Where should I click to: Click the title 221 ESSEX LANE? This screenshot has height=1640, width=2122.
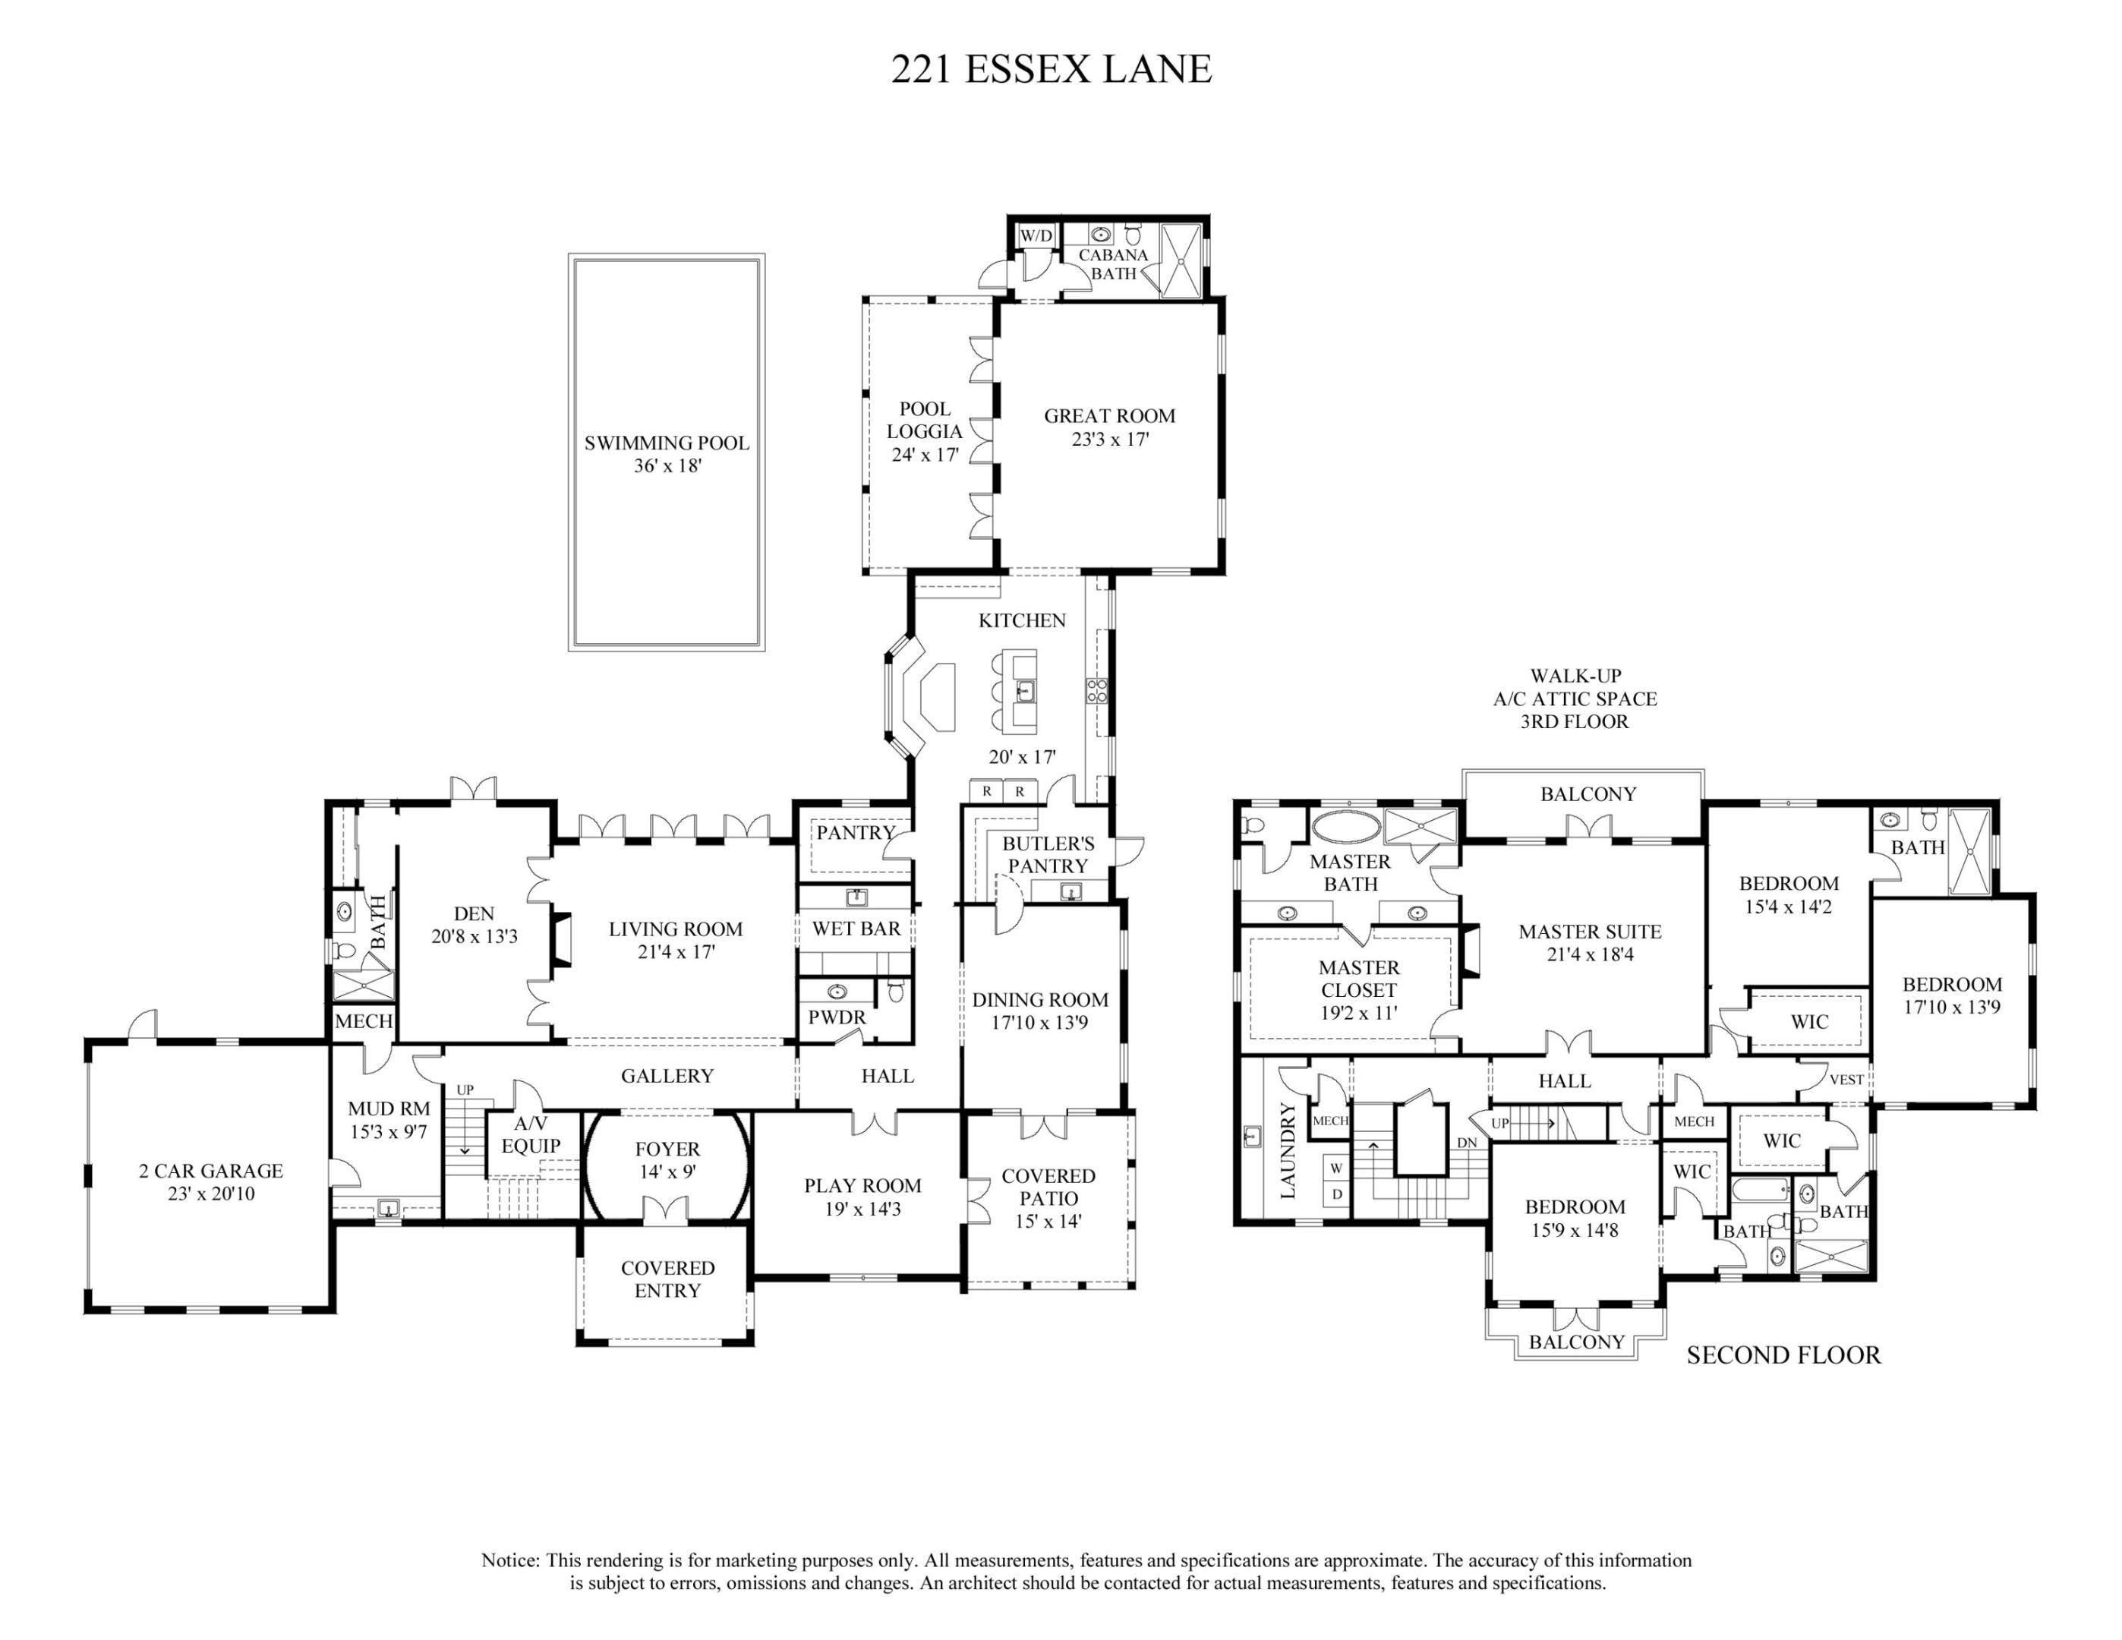(1052, 69)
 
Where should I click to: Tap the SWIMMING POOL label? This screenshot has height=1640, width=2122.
(667, 443)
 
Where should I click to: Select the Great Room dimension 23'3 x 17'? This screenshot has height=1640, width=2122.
(1109, 439)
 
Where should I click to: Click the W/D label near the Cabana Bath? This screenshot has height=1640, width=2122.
(1036, 235)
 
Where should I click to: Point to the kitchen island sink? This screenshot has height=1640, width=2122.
(1025, 691)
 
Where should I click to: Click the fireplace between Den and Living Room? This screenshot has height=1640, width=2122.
(560, 941)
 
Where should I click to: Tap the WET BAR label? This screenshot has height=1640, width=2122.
(856, 929)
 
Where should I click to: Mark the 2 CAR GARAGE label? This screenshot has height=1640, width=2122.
(211, 1171)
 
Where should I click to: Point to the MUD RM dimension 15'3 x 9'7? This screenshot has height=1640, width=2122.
(389, 1132)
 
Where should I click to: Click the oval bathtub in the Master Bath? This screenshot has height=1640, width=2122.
(1345, 828)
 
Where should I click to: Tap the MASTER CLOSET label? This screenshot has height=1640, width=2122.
(1358, 979)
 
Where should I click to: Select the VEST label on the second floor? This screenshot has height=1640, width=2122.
(1846, 1080)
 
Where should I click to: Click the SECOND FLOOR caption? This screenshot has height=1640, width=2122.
(1783, 1355)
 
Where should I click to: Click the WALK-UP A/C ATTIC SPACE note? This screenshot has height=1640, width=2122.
(1575, 698)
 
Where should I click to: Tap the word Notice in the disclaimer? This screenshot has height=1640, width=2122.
(510, 1560)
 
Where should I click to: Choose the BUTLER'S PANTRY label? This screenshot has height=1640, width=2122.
(1048, 855)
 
